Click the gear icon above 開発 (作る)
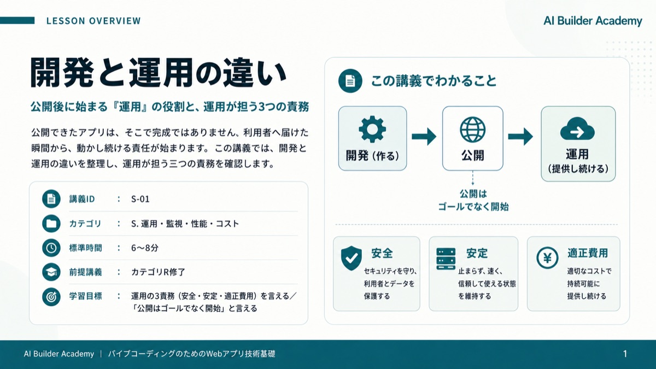[372, 129]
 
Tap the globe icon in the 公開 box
[473, 130]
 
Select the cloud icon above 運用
[577, 129]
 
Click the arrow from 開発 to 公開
[424, 137]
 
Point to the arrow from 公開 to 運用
[520, 137]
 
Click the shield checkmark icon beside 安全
[352, 258]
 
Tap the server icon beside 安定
[446, 259]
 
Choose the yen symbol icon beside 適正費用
[547, 258]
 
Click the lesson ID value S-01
[140, 199]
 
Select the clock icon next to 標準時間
[51, 248]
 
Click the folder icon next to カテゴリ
[51, 224]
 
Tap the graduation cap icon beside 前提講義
[51, 272]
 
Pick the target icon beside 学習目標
[51, 297]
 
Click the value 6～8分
[145, 248]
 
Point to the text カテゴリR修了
[158, 272]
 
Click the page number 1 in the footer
[625, 354]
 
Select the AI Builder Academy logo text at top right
[593, 21]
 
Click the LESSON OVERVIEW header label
[93, 21]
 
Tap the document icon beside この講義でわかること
[350, 81]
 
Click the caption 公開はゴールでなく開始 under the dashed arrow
[473, 200]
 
